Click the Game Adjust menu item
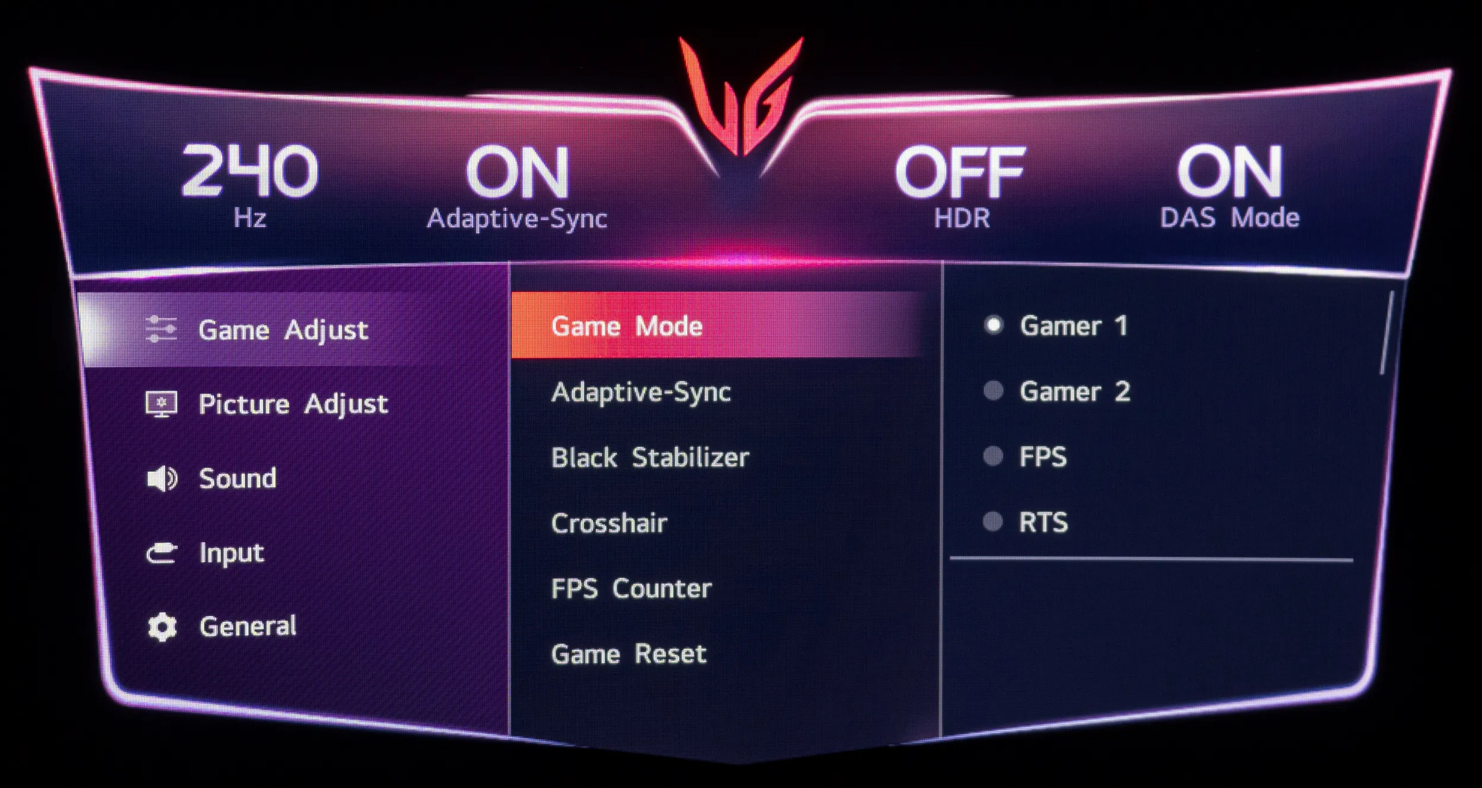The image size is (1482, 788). point(283,330)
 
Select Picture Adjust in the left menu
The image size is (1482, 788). point(293,404)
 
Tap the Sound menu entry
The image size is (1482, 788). point(238,478)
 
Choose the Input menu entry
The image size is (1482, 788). point(232,553)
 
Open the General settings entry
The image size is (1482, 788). point(248,626)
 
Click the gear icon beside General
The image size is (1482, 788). point(162,627)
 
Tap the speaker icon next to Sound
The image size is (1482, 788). point(162,478)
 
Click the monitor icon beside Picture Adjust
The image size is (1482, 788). point(161,404)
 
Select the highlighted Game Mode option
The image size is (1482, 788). point(627,326)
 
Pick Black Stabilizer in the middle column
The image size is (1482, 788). point(650,457)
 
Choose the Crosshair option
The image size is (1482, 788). point(609,523)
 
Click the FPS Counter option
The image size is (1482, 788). point(631,588)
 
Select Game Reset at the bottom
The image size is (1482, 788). point(628,654)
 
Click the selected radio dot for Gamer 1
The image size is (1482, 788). point(994,325)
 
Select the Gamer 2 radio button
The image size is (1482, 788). point(993,391)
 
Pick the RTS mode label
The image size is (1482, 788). point(1043,522)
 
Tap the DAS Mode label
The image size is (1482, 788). point(1229,218)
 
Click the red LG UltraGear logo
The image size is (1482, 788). point(741,95)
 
